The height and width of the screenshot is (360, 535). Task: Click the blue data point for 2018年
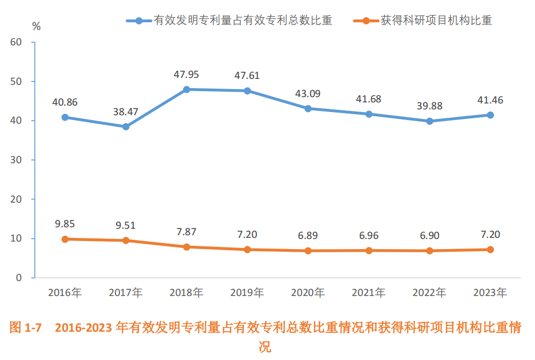tap(187, 90)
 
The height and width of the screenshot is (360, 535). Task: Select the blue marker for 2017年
tap(126, 127)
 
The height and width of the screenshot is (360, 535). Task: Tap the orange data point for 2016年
tap(65, 239)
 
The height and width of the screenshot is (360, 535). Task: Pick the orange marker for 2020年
tap(308, 251)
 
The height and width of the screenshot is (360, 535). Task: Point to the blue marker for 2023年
tap(490, 115)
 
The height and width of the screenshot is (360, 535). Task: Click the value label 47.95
tap(187, 74)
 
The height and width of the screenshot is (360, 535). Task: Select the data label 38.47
tap(126, 111)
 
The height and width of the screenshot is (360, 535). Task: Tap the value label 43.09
tap(308, 94)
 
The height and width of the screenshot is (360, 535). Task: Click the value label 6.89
tap(308, 235)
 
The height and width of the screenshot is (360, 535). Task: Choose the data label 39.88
tap(429, 106)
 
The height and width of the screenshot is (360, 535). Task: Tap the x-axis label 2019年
tap(247, 293)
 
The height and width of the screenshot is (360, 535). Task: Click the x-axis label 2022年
tap(429, 293)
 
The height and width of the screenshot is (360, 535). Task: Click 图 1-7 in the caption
tap(26, 327)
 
